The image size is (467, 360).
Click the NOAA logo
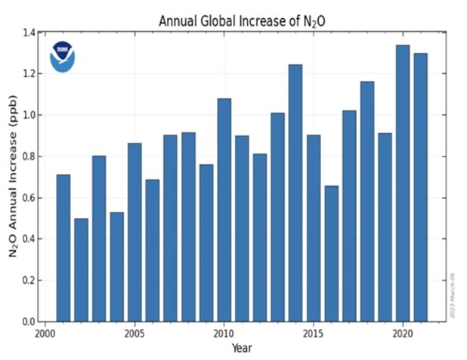tap(63, 57)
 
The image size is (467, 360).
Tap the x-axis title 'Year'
tap(242, 349)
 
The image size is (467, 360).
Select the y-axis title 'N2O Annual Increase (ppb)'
tap(14, 182)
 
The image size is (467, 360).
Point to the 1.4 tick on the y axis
tap(29, 33)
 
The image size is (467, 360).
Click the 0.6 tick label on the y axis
tap(29, 198)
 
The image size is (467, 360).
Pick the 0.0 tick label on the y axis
tap(29, 322)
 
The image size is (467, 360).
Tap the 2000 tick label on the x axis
tap(45, 333)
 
